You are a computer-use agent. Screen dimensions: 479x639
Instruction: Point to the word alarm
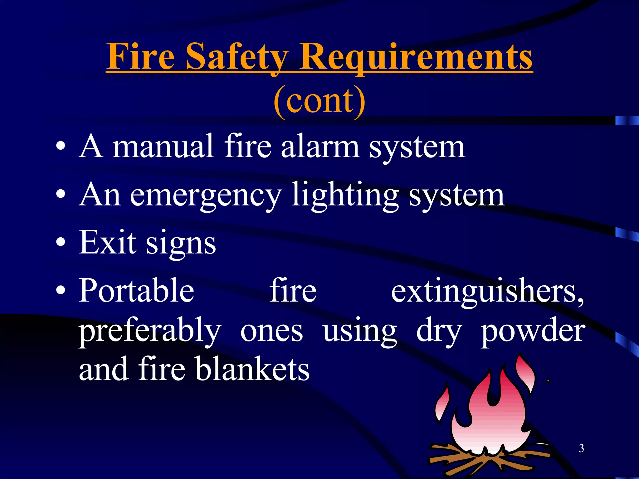(x=320, y=146)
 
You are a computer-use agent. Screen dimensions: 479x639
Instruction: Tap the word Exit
(x=107, y=242)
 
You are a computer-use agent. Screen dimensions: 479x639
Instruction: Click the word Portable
(x=137, y=291)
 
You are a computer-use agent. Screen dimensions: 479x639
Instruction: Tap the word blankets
(x=253, y=370)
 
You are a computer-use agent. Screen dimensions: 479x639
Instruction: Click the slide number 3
(x=581, y=448)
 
